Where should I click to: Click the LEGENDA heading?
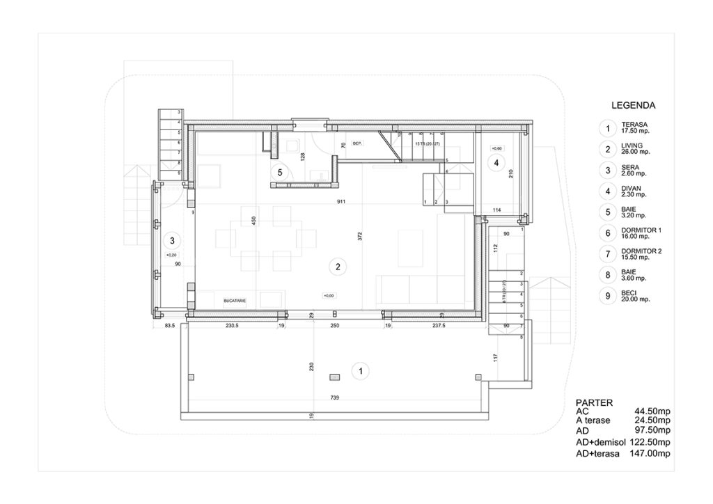(632, 107)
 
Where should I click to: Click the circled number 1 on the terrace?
(359, 371)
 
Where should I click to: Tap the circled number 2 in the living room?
(337, 266)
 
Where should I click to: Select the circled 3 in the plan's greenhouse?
(171, 241)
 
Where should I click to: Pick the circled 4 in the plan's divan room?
(496, 164)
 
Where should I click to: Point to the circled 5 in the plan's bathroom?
(280, 171)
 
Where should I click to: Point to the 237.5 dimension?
(438, 326)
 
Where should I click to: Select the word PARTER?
(595, 402)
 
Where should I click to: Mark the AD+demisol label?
(600, 443)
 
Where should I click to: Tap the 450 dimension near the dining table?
(255, 222)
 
